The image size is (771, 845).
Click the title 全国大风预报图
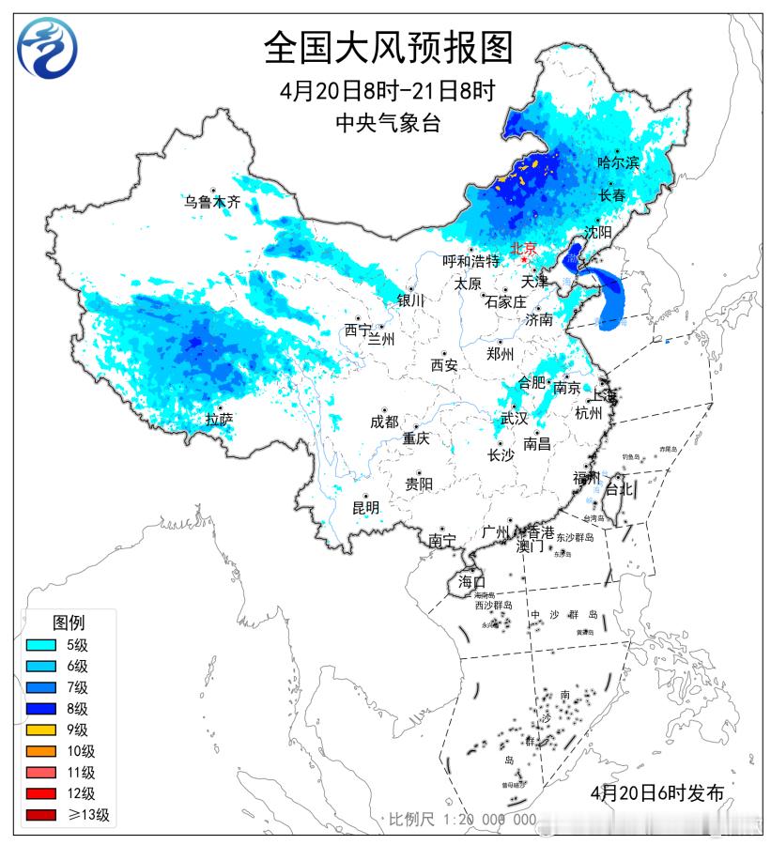point(388,46)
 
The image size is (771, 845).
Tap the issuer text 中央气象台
point(388,123)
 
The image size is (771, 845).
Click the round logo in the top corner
point(48,50)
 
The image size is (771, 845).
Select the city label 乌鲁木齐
point(212,201)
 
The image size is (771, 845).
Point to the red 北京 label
point(523,249)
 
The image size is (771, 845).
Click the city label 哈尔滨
point(618,163)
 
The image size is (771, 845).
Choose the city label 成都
point(384,422)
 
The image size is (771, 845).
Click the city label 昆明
point(365,508)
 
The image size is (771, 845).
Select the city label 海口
point(471,582)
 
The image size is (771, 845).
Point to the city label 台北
point(619,489)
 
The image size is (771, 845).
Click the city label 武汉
point(514,418)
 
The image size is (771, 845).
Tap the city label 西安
point(444,365)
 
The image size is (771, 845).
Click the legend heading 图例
point(69,622)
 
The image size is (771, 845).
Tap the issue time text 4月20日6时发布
point(657,792)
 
